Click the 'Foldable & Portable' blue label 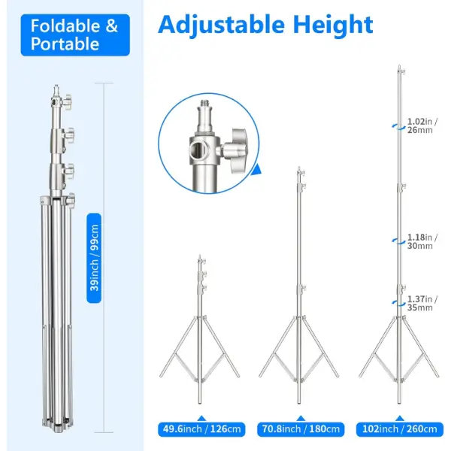pyautogui.click(x=75, y=35)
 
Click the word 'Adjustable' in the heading pyautogui.click(x=221, y=26)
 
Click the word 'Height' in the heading pyautogui.click(x=333, y=25)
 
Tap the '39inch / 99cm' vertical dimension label pyautogui.click(x=94, y=258)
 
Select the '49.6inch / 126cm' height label pyautogui.click(x=201, y=429)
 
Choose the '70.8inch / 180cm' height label pyautogui.click(x=301, y=429)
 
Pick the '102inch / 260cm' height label pyautogui.click(x=400, y=429)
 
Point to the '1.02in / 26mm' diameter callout pyautogui.click(x=422, y=126)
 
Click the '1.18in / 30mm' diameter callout pyautogui.click(x=422, y=241)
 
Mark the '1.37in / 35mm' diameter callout pyautogui.click(x=422, y=303)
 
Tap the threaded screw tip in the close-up pyautogui.click(x=205, y=104)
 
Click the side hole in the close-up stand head pyautogui.click(x=195, y=150)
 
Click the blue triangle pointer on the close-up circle pyautogui.click(x=257, y=170)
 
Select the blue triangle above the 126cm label pyautogui.click(x=201, y=418)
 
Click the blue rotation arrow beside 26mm pyautogui.click(x=398, y=127)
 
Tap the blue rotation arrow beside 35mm pyautogui.click(x=398, y=302)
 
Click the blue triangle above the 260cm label pyautogui.click(x=400, y=418)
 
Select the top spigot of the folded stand pyautogui.click(x=56, y=91)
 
